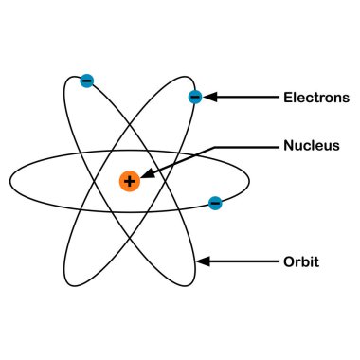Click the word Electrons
coord(316,97)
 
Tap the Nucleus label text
coord(311,146)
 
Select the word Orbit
coord(300,261)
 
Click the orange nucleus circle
coord(130,180)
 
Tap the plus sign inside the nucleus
coord(130,180)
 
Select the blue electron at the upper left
coord(87,81)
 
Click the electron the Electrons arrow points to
coord(195,97)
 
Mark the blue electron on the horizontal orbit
coord(215,203)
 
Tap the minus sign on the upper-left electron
coord(87,81)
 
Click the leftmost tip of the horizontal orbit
coord(10,180)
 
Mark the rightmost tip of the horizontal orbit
coord(249,179)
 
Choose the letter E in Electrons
coord(288,97)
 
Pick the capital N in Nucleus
coord(289,146)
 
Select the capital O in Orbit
coord(289,261)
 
